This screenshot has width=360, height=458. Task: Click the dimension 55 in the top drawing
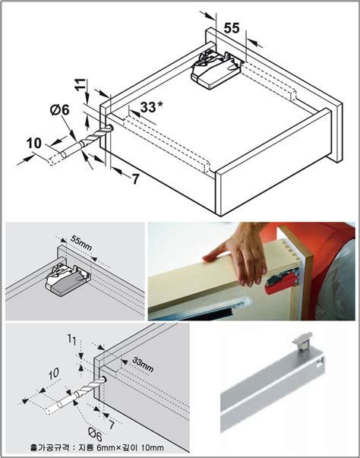coord(232,28)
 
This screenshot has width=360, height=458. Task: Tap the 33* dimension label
coord(151,107)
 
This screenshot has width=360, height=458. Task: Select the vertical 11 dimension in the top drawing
coord(81,85)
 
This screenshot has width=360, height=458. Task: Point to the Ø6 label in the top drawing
coord(59,110)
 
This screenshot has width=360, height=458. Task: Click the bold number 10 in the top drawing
coord(34,144)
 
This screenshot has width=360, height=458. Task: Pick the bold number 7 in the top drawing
coord(135,178)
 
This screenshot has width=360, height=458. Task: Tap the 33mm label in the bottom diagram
coord(143,365)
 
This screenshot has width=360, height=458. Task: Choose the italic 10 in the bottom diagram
coord(54,374)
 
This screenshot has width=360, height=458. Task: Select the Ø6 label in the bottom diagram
coord(96,435)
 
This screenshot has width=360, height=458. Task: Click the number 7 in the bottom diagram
coord(112,425)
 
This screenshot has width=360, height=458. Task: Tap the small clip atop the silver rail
coord(302,341)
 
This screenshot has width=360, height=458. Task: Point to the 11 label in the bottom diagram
coord(72,340)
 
